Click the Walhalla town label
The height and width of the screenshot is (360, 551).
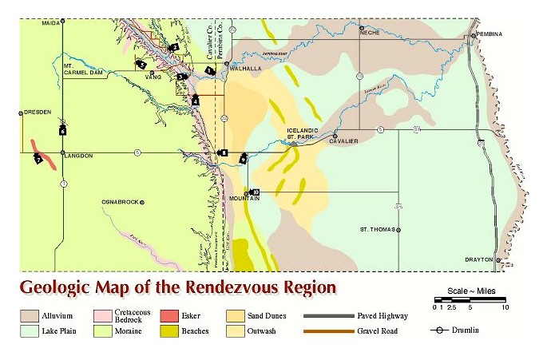247,69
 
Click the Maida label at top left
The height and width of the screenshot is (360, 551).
51,23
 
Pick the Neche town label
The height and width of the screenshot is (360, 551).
370,33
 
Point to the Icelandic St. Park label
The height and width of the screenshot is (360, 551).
303,133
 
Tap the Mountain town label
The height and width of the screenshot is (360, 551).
245,198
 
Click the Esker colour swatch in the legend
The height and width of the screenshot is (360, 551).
169,316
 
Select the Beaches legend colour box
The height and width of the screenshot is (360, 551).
169,330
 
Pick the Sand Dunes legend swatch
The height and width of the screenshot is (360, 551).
236,316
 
